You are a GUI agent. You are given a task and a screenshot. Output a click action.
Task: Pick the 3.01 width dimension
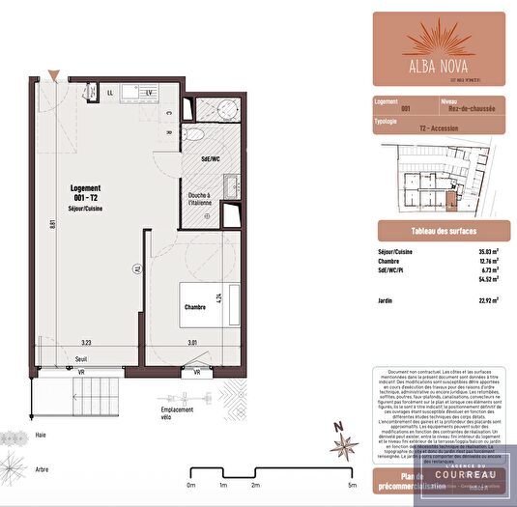tap(191, 343)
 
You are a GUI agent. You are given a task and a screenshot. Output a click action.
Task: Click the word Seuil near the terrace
tap(81, 359)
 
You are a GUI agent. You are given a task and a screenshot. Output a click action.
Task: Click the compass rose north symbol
tap(343, 442)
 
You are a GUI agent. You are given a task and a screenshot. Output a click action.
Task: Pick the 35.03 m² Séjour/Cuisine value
tap(486, 252)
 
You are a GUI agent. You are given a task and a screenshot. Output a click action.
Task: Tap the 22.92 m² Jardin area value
tap(486, 301)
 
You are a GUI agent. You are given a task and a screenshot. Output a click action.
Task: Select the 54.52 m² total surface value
tap(486, 279)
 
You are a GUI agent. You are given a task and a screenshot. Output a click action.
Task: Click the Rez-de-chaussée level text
tap(470, 109)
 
